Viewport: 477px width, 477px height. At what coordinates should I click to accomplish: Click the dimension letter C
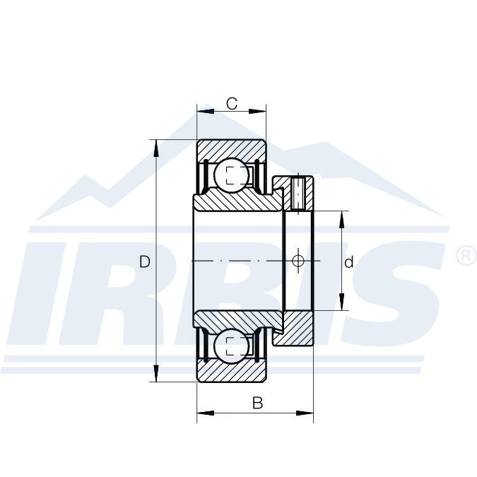[x=232, y=103]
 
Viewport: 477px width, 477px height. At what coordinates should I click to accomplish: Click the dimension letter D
[x=145, y=261]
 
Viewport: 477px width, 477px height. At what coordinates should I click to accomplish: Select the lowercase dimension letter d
[x=349, y=261]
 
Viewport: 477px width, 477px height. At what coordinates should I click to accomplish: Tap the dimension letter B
[x=257, y=403]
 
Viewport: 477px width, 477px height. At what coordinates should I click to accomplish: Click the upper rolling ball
[x=232, y=175]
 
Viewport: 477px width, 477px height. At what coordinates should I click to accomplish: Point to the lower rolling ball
[x=232, y=346]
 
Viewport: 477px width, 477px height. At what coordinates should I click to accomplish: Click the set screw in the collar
[x=298, y=194]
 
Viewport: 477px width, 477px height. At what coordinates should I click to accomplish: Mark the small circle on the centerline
[x=298, y=261]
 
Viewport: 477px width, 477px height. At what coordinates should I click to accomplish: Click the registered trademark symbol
[x=466, y=257]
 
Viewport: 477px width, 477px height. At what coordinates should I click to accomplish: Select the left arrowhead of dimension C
[x=206, y=112]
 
